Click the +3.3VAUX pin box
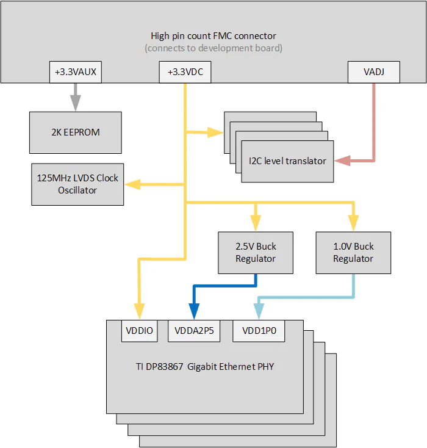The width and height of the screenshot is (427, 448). (76, 73)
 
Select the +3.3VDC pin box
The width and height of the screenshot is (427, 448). (185, 73)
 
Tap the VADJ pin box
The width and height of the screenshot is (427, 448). (374, 73)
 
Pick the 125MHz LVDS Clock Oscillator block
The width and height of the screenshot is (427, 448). (77, 184)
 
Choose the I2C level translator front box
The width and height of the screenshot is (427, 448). (287, 161)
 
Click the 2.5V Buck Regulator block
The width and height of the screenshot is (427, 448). (256, 252)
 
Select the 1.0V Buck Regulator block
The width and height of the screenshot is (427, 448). (353, 252)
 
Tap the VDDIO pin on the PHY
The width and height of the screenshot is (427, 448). (140, 331)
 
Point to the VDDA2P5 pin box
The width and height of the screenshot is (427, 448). (194, 331)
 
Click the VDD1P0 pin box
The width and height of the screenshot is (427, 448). (259, 331)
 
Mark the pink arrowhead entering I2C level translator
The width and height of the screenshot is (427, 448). (342, 161)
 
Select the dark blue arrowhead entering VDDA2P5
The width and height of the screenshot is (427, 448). (194, 313)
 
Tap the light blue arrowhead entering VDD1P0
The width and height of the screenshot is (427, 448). (259, 313)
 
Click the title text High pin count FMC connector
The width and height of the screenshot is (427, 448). (213, 36)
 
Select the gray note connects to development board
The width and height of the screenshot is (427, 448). (213, 48)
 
